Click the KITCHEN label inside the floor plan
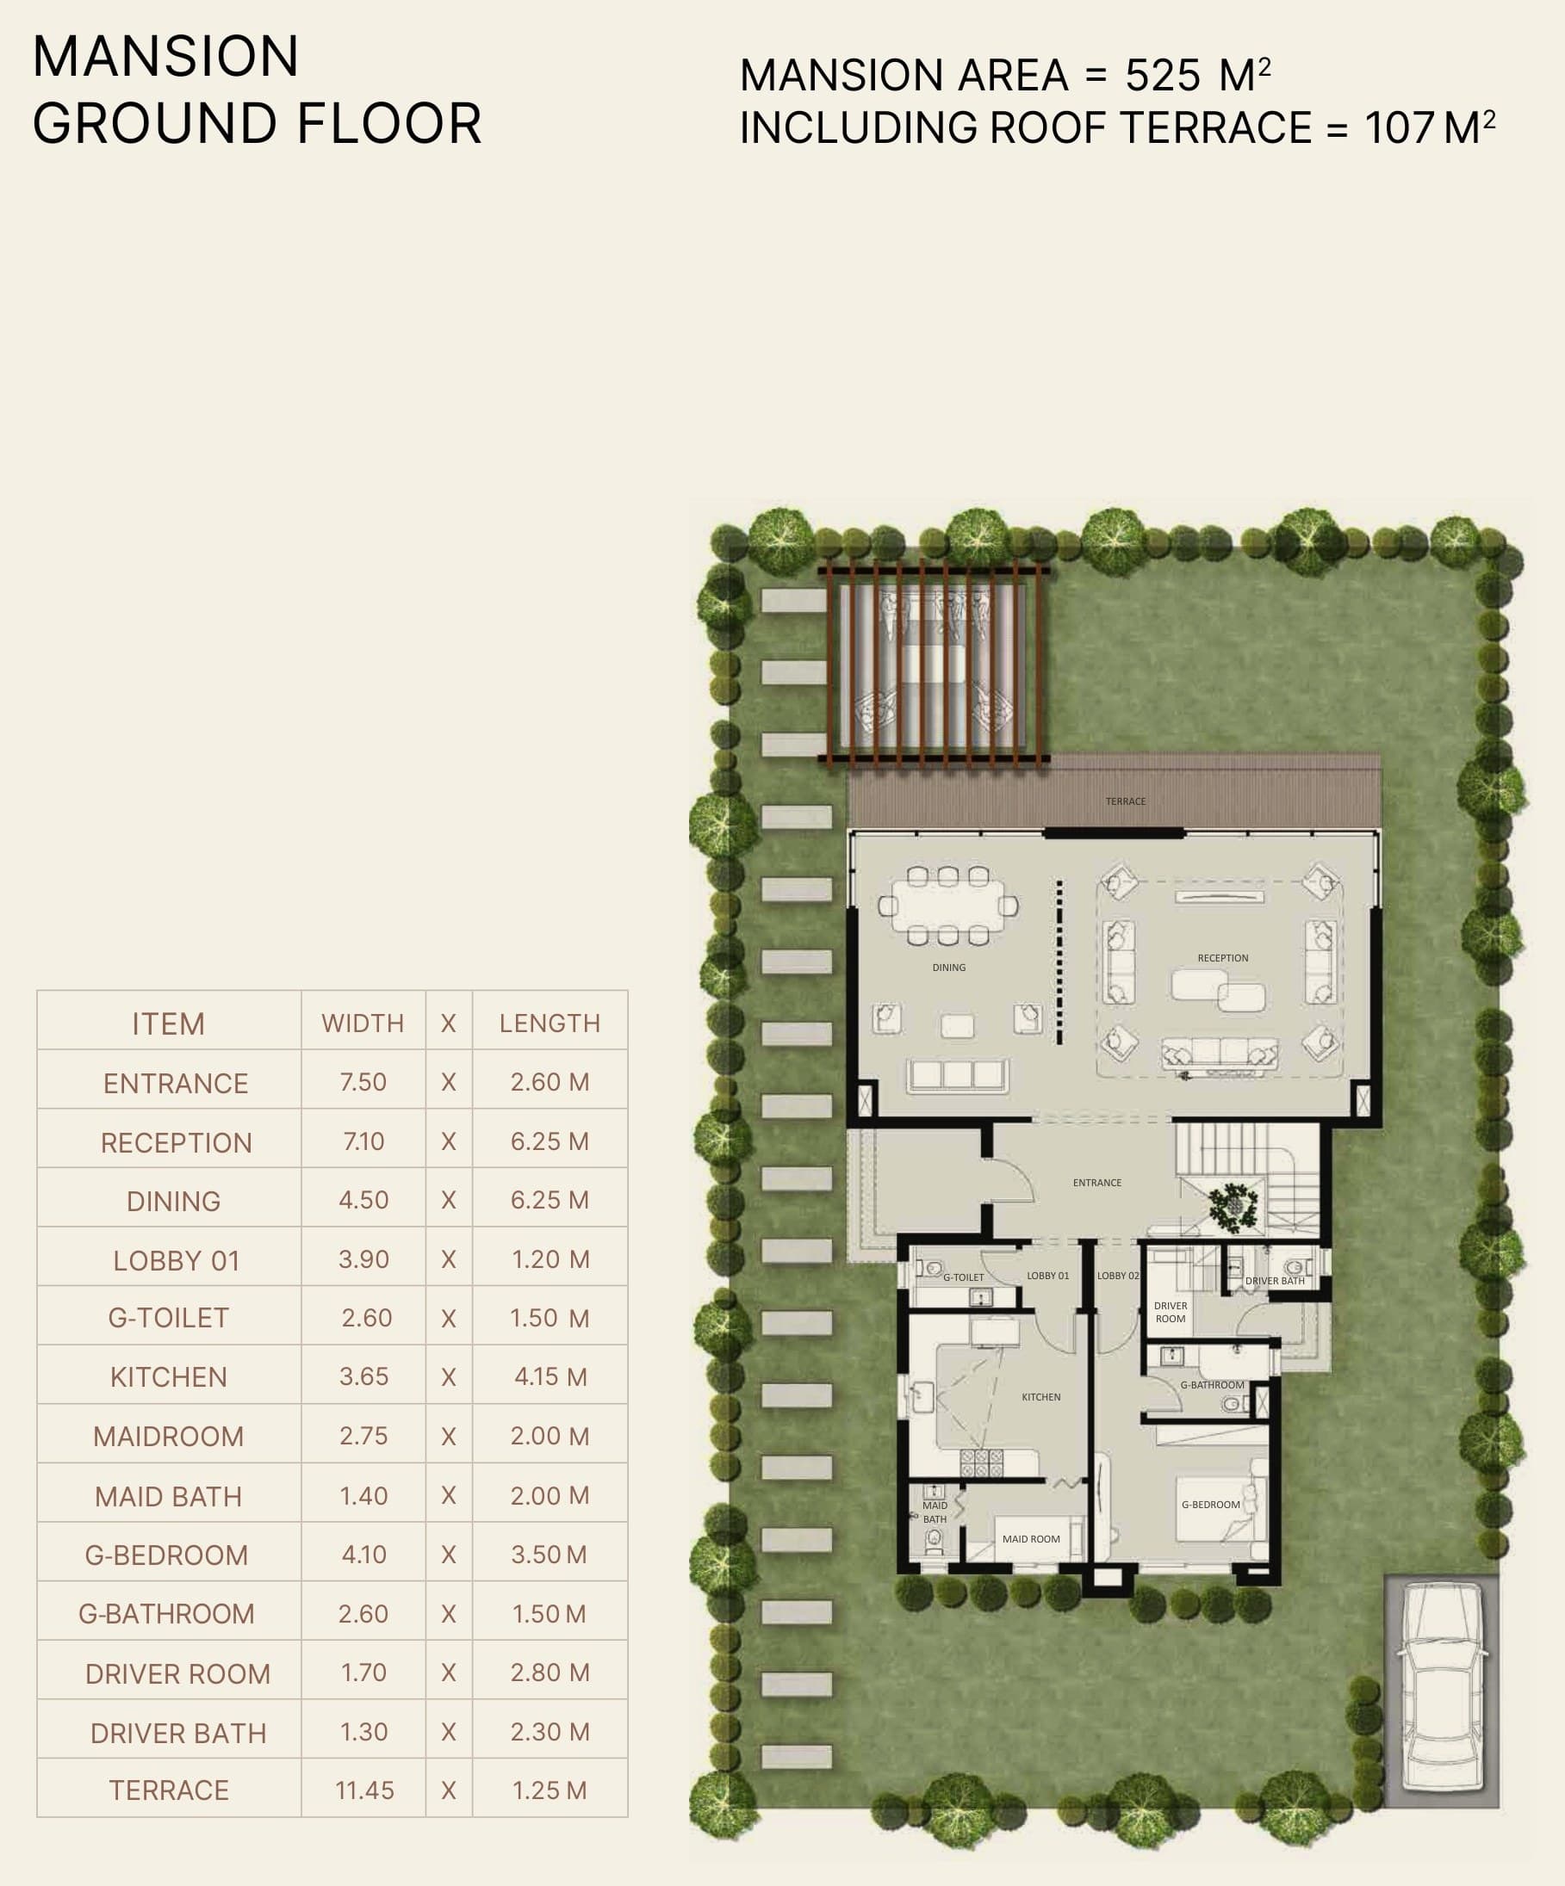[1040, 1396]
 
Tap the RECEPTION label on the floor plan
[1223, 958]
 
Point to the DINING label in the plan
[948, 968]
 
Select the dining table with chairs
[947, 906]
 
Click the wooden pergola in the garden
[934, 663]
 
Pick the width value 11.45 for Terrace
[363, 1790]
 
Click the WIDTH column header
[363, 1023]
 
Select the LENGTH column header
[550, 1023]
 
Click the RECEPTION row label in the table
[176, 1142]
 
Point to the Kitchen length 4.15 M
[550, 1376]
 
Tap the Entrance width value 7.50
[363, 1082]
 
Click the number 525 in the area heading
[1163, 76]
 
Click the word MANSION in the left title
[166, 57]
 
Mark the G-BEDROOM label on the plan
[1210, 1505]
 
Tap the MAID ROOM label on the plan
[1030, 1538]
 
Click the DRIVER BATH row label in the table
[179, 1734]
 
